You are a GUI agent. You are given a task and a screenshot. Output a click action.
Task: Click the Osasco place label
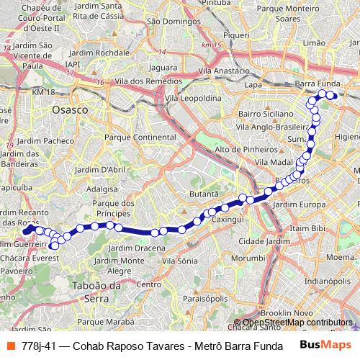70,109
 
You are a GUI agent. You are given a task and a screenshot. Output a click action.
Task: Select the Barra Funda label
318,84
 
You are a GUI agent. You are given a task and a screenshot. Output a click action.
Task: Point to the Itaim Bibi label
307,228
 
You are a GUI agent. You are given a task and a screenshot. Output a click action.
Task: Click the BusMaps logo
325,345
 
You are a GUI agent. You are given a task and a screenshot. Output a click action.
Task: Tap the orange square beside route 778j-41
11,346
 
